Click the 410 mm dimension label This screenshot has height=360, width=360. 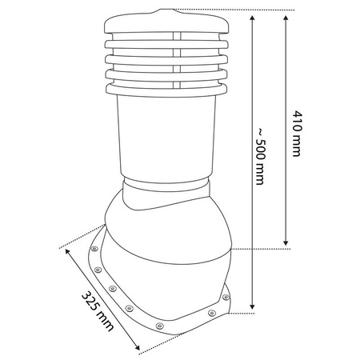298,134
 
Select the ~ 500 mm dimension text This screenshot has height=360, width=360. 259,156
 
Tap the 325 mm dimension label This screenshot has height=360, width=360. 98,311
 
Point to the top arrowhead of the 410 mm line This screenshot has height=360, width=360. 286,18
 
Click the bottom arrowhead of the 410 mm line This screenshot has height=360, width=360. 286,242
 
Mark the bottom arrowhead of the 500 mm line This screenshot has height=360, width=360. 253,306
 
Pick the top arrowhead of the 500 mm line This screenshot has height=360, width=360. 253,18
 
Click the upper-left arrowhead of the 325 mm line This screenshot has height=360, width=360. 67,251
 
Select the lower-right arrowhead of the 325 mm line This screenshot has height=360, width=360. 137,347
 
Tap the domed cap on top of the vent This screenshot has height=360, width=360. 166,22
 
